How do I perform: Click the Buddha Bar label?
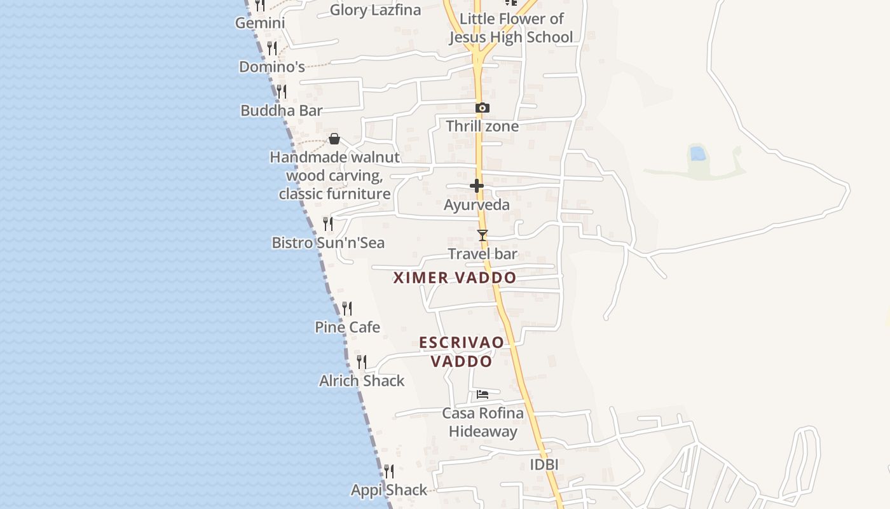click(x=282, y=111)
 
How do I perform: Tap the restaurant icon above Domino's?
click(x=272, y=48)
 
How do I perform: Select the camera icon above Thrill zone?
click(x=483, y=108)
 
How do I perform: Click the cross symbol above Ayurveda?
click(x=477, y=186)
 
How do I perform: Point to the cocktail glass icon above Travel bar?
click(x=483, y=235)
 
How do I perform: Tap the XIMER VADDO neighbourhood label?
click(x=455, y=278)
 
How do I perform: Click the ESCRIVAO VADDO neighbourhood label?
click(x=462, y=352)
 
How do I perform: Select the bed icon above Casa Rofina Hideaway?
click(x=483, y=394)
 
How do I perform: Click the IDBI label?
click(x=544, y=465)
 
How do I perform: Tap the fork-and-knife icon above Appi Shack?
click(x=389, y=471)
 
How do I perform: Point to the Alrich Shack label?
click(x=362, y=381)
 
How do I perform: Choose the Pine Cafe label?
click(x=348, y=328)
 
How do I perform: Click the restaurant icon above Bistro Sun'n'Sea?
click(x=328, y=224)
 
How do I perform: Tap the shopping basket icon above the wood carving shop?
click(x=334, y=139)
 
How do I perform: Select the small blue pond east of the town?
click(x=697, y=153)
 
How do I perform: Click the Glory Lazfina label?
click(x=375, y=10)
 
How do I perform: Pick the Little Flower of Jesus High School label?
click(x=511, y=28)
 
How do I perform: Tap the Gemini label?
click(x=260, y=24)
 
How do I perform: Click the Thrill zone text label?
click(x=483, y=127)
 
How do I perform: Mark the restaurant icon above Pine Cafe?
click(x=347, y=309)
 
